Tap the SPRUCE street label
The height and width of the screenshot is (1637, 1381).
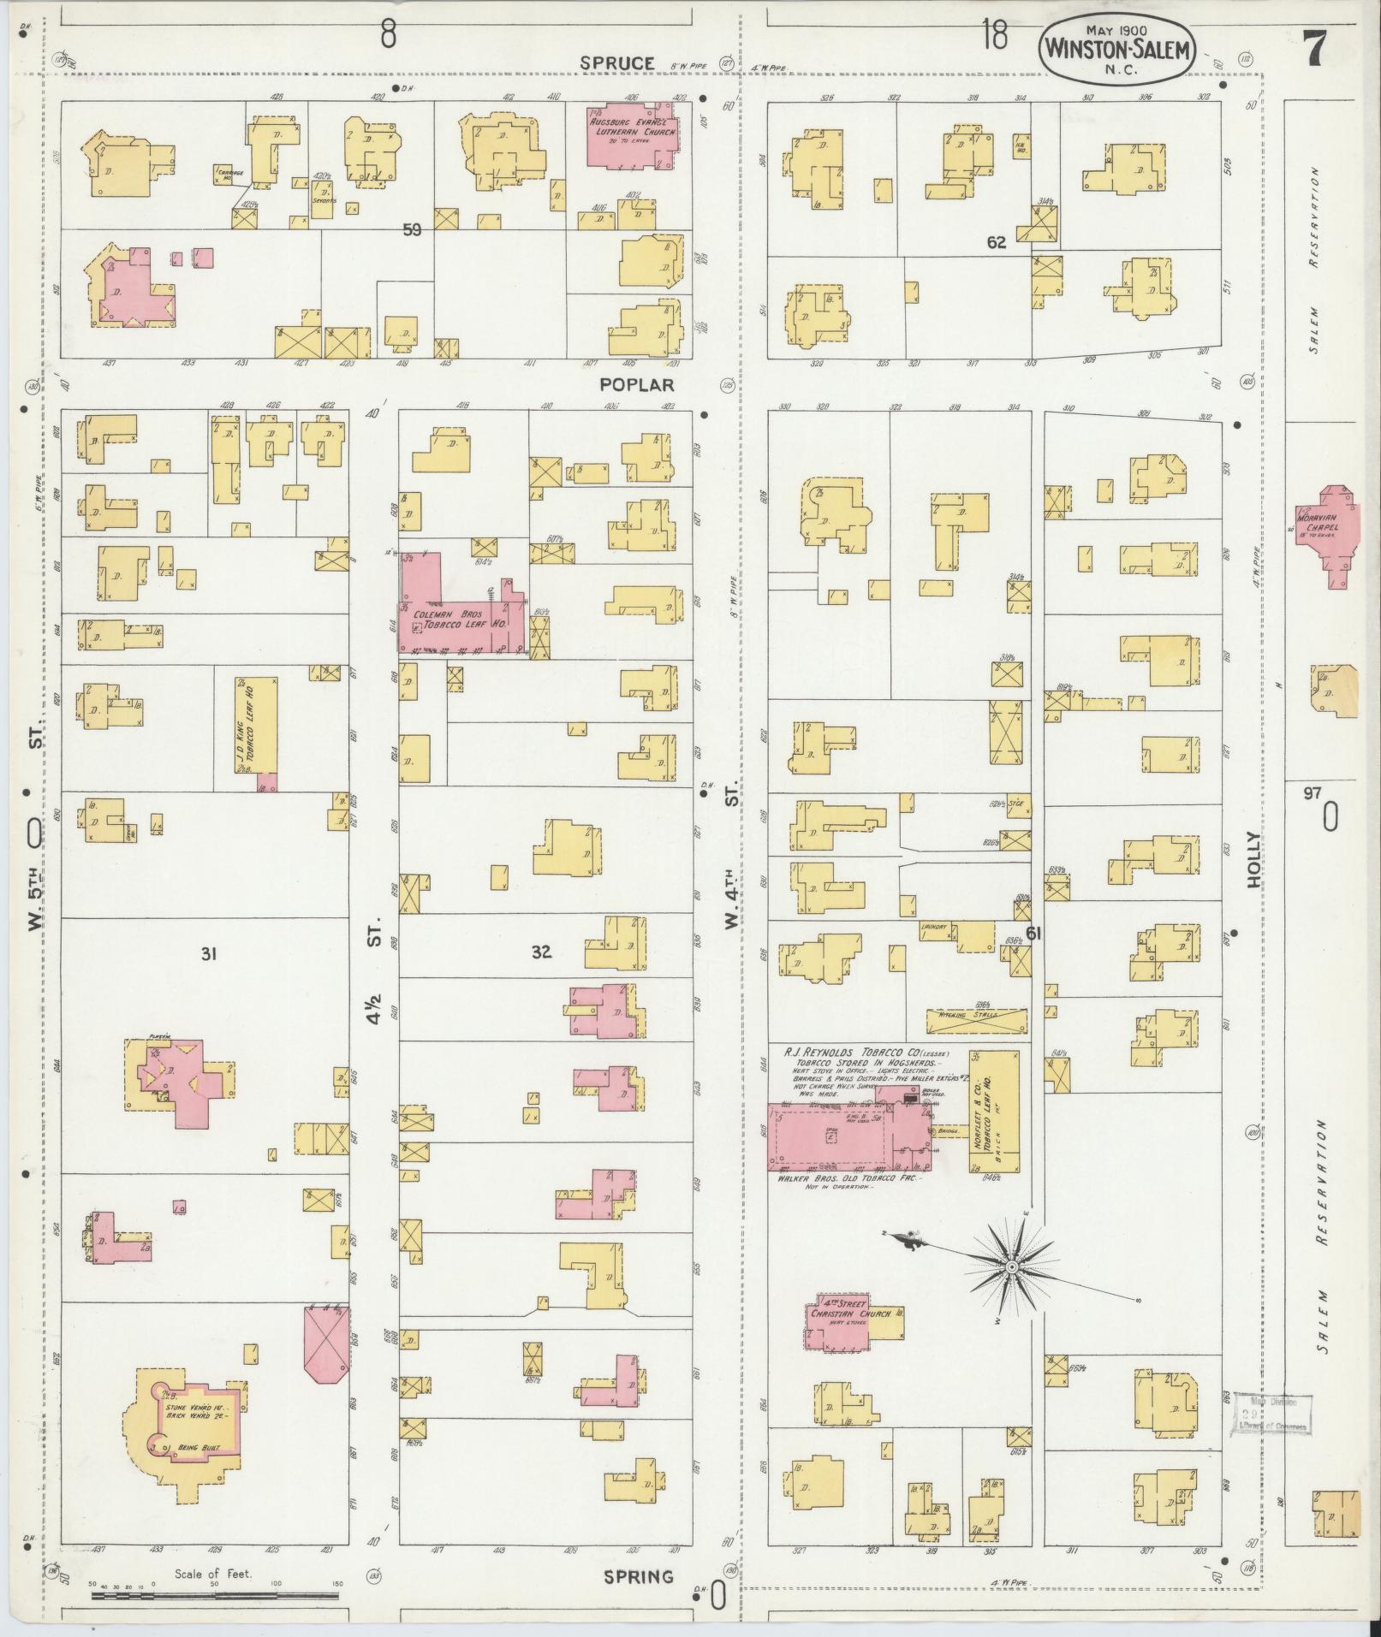pyautogui.click(x=616, y=63)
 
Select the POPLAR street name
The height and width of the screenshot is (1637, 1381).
pyautogui.click(x=638, y=385)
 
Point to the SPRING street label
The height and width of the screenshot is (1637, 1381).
pyautogui.click(x=638, y=1576)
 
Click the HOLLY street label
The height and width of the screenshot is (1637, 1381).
pyautogui.click(x=1254, y=859)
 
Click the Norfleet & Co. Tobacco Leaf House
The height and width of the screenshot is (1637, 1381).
pyautogui.click(x=994, y=1112)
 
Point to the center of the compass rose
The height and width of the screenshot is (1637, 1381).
pyautogui.click(x=1011, y=1266)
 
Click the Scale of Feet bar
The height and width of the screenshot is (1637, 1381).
pyautogui.click(x=215, y=1595)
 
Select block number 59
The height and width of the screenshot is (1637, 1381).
pyautogui.click(x=413, y=229)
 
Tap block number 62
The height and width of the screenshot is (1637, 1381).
pyautogui.click(x=996, y=242)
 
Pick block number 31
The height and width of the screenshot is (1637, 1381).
pyautogui.click(x=207, y=954)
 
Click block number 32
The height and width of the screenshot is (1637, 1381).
pyautogui.click(x=541, y=951)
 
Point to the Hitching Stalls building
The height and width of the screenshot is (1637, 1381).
pyautogui.click(x=977, y=1020)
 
